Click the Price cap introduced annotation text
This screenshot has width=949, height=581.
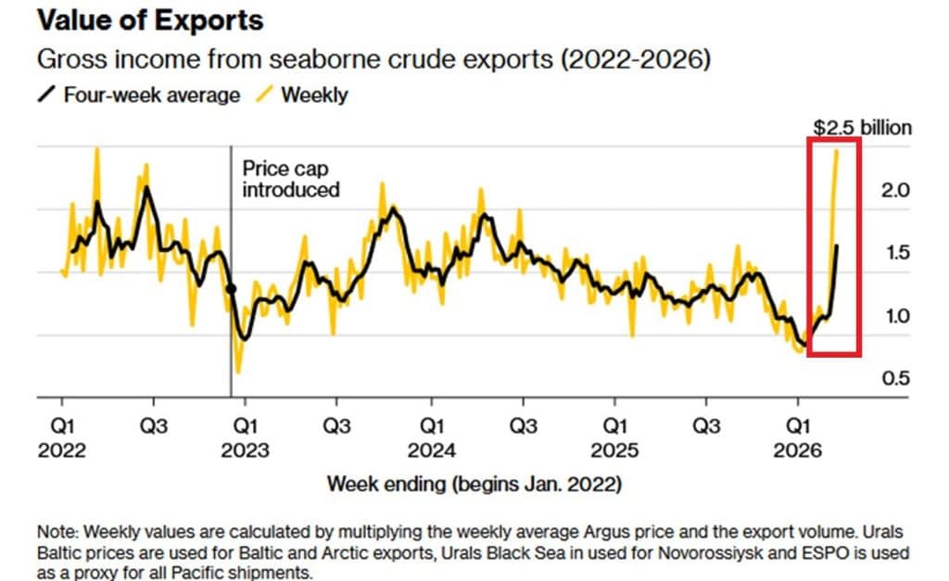pos(290,179)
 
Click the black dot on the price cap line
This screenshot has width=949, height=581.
pos(231,288)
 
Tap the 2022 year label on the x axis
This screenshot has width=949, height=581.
pos(61,451)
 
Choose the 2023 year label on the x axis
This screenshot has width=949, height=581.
pos(246,451)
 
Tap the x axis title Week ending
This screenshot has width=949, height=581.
pos(474,485)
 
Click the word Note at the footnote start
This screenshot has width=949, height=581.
pos(57,533)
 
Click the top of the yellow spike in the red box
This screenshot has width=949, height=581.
pos(837,150)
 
